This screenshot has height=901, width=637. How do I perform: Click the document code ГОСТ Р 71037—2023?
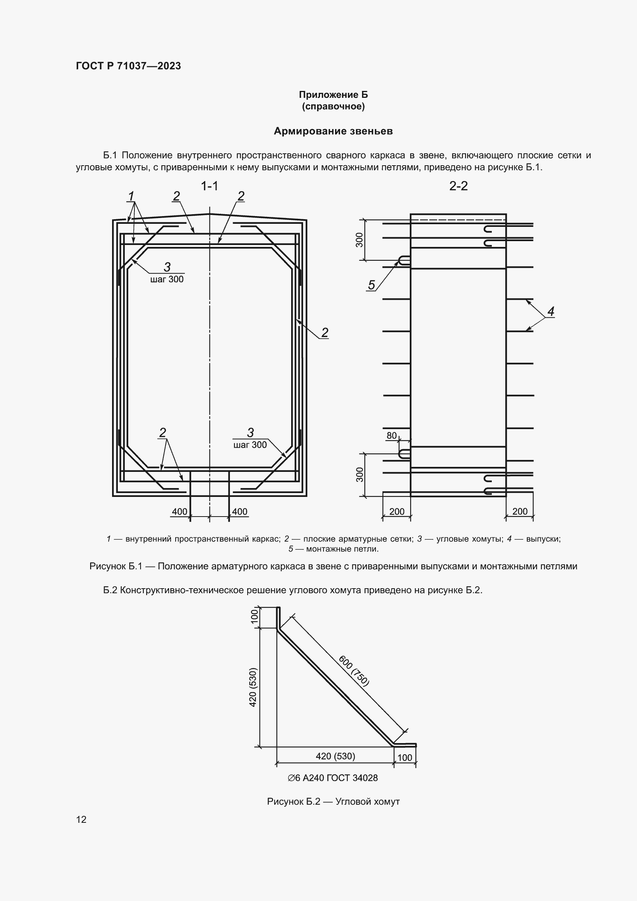(x=128, y=66)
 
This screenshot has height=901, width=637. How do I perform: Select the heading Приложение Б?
(x=333, y=95)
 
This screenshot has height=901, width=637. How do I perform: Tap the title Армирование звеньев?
(x=333, y=131)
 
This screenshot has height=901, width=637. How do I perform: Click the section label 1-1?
(x=210, y=186)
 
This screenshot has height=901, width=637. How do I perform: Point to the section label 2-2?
(x=458, y=186)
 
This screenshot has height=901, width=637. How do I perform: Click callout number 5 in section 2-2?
(x=371, y=285)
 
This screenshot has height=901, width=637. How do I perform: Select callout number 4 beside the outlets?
(x=551, y=312)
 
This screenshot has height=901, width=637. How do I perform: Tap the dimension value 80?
(x=391, y=436)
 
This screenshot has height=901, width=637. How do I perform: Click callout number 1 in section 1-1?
(x=131, y=196)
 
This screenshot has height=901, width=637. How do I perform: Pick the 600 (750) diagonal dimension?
(x=354, y=671)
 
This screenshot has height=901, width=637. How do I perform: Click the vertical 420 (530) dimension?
(x=253, y=687)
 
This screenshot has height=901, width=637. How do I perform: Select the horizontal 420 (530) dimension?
(x=335, y=756)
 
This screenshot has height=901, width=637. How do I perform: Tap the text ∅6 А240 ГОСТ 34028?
(x=333, y=778)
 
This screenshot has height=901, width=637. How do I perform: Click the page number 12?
(x=81, y=819)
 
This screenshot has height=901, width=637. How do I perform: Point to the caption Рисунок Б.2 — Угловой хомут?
(x=333, y=801)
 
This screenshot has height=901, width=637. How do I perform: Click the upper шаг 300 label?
(x=167, y=279)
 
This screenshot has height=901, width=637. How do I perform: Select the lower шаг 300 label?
(x=250, y=445)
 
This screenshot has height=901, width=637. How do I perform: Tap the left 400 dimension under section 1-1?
(x=179, y=512)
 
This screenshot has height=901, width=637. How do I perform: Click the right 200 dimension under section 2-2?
(x=520, y=511)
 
